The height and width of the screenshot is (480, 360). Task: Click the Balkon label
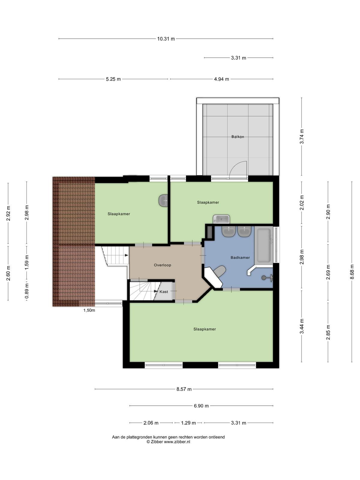[238, 137]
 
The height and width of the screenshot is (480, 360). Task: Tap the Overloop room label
[162, 265]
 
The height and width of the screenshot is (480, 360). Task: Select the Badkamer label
[240, 258]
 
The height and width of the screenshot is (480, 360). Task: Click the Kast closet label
[164, 292]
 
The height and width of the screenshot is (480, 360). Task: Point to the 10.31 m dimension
[166, 39]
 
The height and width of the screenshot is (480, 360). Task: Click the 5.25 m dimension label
[113, 79]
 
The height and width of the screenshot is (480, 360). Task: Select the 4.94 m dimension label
[221, 79]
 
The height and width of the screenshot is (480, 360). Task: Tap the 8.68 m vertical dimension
[352, 272]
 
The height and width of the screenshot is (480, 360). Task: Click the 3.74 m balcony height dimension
[301, 136]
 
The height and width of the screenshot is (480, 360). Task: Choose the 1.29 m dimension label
[188, 423]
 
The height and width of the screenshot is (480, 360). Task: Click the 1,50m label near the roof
[89, 310]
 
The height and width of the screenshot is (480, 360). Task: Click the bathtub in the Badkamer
[264, 246]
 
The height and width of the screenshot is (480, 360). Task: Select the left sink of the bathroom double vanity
[228, 231]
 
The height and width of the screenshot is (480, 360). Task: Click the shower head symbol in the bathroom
[267, 277]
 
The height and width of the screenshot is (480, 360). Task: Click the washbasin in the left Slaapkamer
[163, 200]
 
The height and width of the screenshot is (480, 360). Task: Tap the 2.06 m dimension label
[151, 423]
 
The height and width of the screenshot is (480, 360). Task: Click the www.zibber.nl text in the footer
[177, 442]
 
